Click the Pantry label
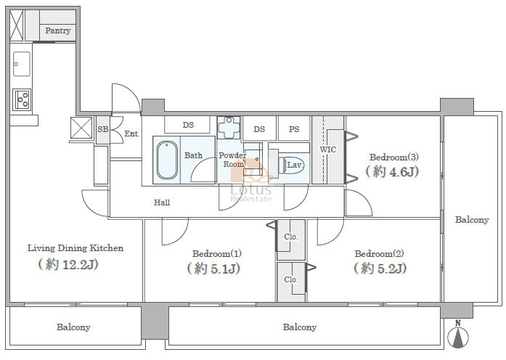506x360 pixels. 58,30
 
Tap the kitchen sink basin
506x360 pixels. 22,64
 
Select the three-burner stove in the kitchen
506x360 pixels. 22,99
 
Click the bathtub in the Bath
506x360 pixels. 167,160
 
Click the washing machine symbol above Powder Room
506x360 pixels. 229,128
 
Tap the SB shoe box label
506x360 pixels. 103,129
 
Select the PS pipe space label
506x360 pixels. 294,129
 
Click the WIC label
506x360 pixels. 328,150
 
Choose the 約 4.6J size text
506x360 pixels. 393,171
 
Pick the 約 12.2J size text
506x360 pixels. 68,264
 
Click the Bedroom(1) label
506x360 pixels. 217,253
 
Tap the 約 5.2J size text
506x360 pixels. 380,268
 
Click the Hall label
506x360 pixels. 162,202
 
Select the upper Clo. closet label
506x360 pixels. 291,237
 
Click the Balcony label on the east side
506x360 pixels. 472,220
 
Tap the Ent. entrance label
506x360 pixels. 132,134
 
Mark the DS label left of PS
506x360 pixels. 259,129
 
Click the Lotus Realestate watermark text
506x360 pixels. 251,194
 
